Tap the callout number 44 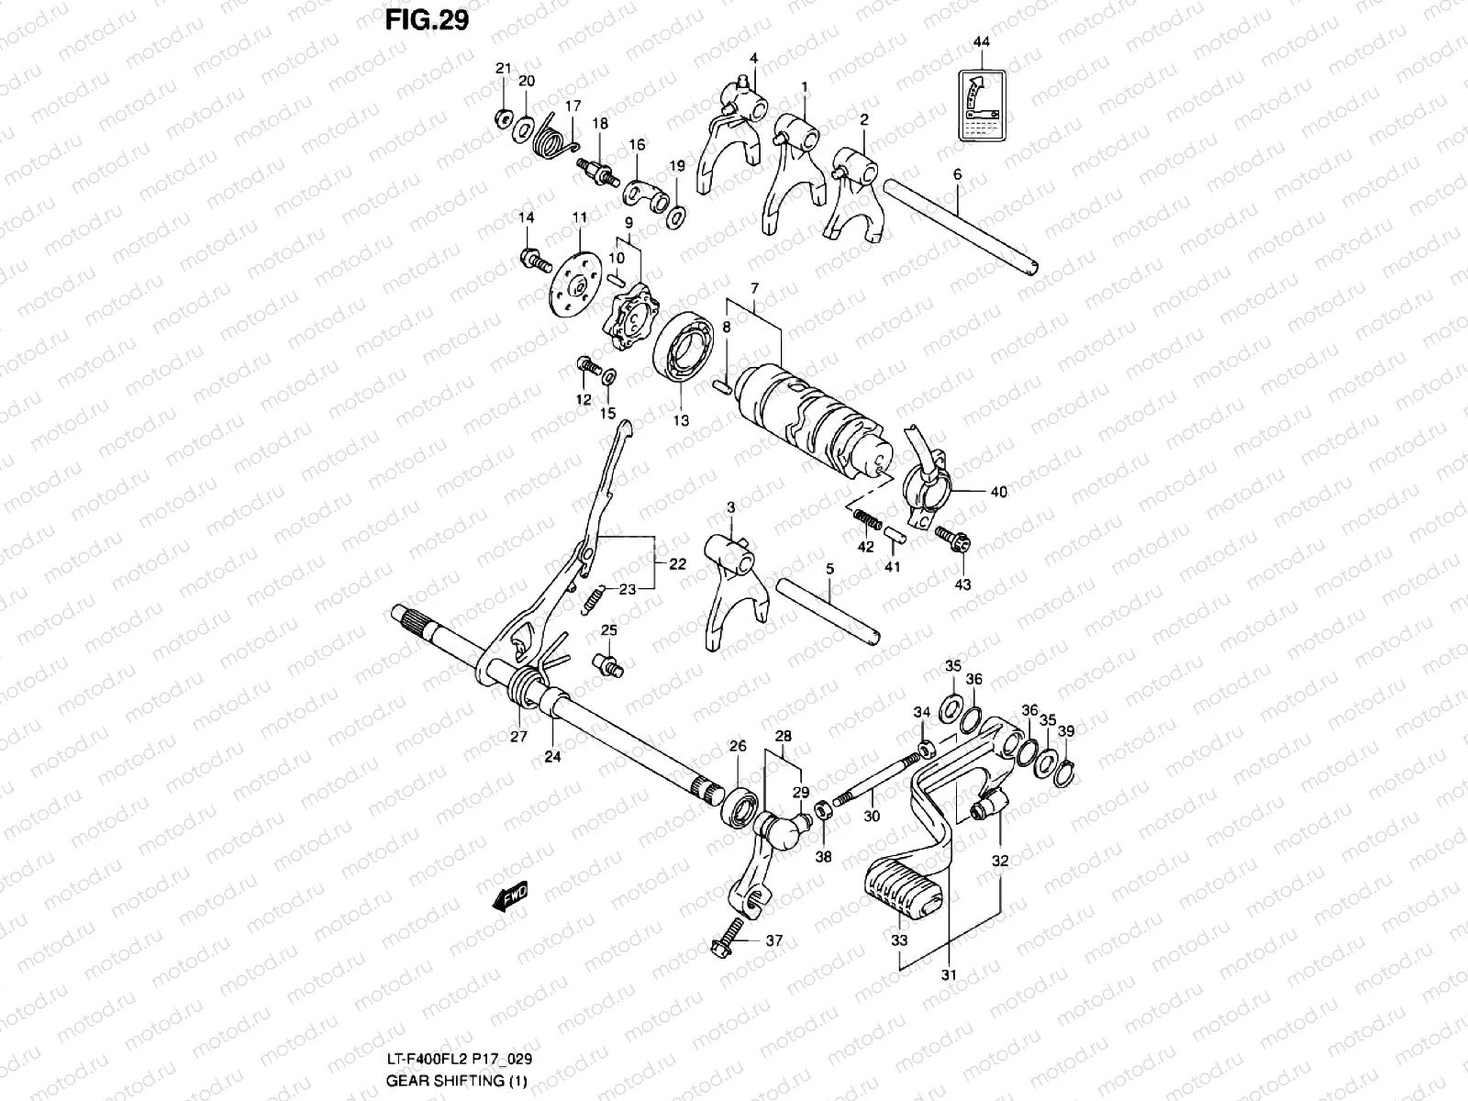(981, 42)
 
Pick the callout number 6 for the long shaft (957, 173)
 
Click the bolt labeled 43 (951, 540)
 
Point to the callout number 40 (998, 492)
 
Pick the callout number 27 (518, 737)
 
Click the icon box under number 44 (981, 106)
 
